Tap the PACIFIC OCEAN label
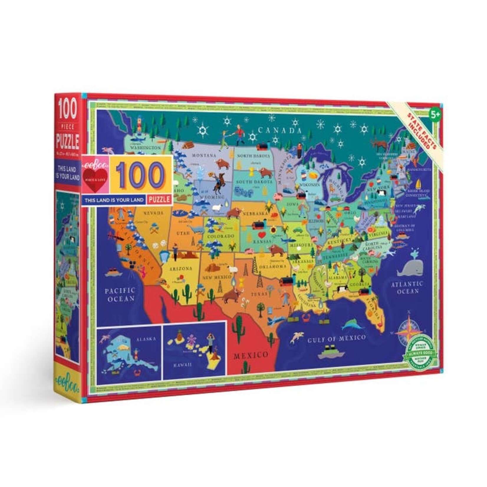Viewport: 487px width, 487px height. tap(120, 294)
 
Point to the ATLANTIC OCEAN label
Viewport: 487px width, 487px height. tap(407, 287)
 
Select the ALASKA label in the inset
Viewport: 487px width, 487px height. tap(146, 339)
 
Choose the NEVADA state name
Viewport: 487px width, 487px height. tap(153, 213)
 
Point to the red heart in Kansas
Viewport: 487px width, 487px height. tap(261, 243)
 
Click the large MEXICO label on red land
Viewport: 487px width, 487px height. tap(251, 355)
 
